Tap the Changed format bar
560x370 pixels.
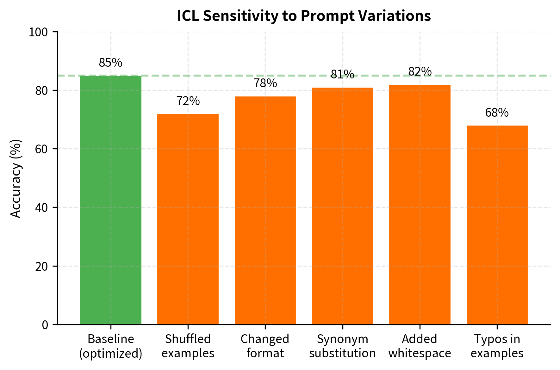click(265, 210)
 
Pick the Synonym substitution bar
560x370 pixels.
click(342, 206)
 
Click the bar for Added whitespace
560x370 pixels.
click(420, 204)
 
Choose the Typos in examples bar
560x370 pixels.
click(497, 225)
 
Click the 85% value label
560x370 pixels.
click(110, 63)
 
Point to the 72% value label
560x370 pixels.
click(188, 101)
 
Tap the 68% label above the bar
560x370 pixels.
click(497, 113)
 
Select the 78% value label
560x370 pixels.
click(265, 83)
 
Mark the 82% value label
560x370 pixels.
click(420, 71)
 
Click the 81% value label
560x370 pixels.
click(342, 74)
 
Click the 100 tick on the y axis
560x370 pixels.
click(38, 32)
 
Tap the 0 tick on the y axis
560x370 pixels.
click(45, 325)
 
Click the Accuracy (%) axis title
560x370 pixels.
click(16, 179)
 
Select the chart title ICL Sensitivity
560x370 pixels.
click(304, 16)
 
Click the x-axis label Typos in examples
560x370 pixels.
click(497, 346)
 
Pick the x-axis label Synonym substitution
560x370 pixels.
click(342, 346)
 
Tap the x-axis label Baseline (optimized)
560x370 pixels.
click(110, 346)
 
